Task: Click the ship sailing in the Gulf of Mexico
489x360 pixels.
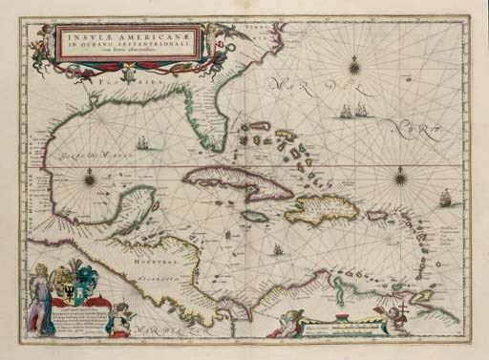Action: [142, 143]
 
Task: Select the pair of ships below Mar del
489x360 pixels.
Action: [353, 111]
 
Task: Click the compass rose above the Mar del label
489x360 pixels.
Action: [354, 66]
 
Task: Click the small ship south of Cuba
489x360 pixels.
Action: [277, 249]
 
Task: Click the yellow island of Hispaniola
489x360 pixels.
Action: [320, 210]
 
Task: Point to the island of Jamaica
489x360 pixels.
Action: [254, 217]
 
